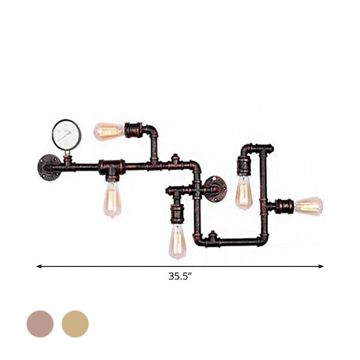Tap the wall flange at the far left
(49, 164)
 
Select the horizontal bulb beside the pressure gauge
(107, 131)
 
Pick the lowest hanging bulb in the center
(177, 241)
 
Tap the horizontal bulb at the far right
(308, 206)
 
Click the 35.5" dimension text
(180, 274)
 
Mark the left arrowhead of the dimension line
(39, 266)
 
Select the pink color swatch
(39, 323)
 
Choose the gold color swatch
(75, 323)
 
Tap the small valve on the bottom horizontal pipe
(212, 238)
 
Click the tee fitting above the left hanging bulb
(112, 165)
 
